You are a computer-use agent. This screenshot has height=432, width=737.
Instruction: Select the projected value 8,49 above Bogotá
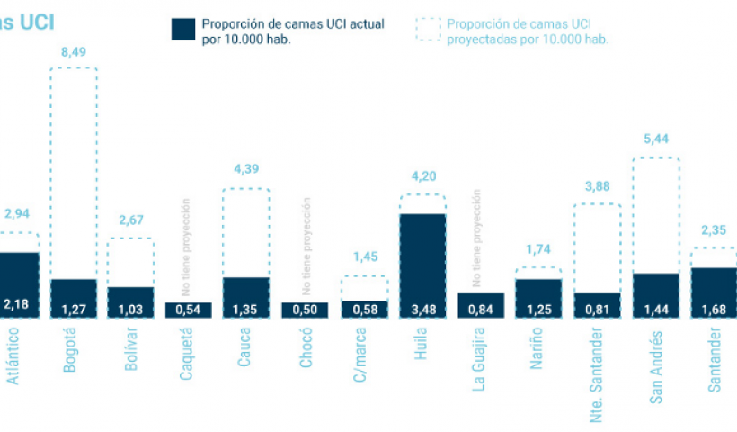point(73,51)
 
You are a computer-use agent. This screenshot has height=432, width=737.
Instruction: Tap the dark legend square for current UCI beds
point(183,29)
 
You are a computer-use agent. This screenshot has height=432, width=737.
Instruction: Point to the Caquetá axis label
point(187,355)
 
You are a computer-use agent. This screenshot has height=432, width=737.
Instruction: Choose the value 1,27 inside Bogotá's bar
point(73,309)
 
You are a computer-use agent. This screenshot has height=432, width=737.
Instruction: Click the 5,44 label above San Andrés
point(656,139)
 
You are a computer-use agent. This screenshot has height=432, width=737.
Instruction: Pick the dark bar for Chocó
point(305,310)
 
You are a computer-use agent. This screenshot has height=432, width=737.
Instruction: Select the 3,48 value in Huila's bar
point(422,309)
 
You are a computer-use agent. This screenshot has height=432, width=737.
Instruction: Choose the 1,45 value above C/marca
point(364,257)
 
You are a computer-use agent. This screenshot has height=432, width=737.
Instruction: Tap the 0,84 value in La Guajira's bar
point(480,309)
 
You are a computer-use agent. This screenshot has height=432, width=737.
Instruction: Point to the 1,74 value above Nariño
point(538,249)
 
